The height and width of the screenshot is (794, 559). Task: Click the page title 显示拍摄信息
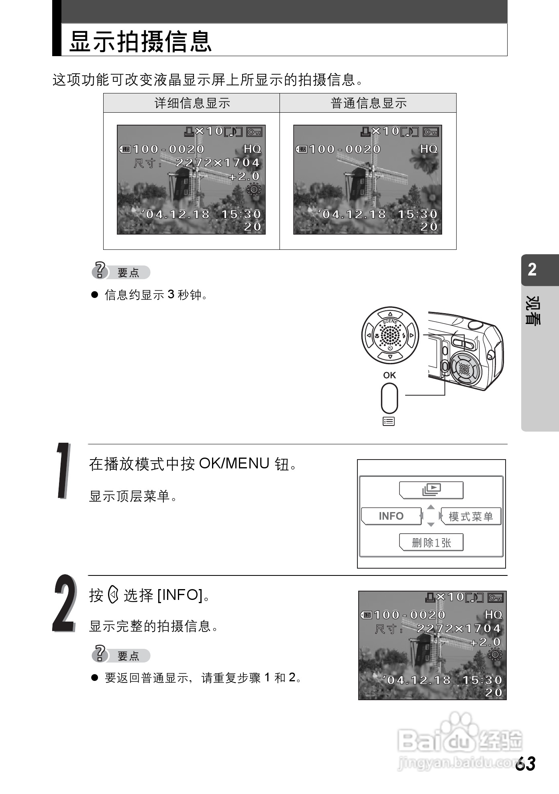click(140, 41)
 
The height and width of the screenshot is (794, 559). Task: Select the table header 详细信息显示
click(192, 103)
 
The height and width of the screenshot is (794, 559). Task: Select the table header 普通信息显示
click(369, 103)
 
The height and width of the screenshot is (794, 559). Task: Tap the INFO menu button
click(391, 516)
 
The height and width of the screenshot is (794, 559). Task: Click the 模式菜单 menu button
click(471, 516)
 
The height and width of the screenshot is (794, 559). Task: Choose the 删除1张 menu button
click(431, 543)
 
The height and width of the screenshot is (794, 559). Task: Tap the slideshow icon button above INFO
click(431, 490)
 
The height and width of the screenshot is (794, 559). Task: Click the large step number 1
click(63, 470)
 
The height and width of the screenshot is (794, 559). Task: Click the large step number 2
click(64, 603)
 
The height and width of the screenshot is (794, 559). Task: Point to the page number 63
click(526, 764)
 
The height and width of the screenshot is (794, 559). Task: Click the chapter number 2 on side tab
click(532, 269)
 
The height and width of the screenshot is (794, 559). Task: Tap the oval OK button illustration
click(390, 398)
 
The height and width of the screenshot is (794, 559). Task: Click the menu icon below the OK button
click(389, 421)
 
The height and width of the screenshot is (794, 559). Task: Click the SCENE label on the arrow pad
click(390, 322)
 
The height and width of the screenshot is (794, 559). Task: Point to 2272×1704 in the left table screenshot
click(218, 162)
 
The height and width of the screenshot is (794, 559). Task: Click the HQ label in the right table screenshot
click(429, 149)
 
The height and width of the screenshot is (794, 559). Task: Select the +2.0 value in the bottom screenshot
click(486, 642)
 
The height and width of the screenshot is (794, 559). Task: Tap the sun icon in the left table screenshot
click(254, 189)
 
